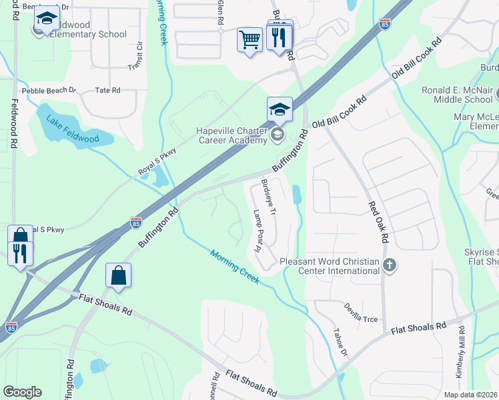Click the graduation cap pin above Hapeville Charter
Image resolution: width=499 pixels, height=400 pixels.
coord(280,109)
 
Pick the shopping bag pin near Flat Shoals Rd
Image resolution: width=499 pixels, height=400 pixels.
coord(118,275)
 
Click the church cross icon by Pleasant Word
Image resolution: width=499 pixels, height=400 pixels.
coord(390,265)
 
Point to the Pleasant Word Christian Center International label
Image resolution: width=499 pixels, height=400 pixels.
coord(330,266)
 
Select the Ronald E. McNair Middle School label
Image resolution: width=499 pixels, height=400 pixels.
coord(457,95)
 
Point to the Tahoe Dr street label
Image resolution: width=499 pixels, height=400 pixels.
coord(340,346)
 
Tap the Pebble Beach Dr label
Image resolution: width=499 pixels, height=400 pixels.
coord(49,90)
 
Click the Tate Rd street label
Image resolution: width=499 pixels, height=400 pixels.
coord(107,90)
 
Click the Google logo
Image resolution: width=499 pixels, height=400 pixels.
coord(22,392)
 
